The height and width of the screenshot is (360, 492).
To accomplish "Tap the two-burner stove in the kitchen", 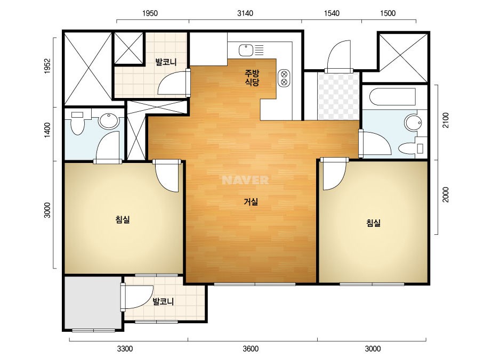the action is tap(284, 78).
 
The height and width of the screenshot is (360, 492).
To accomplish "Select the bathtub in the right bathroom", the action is tap(392, 97).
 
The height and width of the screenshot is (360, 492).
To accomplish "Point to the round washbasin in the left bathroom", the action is tap(109, 121).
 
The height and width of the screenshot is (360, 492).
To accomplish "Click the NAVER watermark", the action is tap(245, 180).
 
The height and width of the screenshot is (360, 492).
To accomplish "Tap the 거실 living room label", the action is tap(251, 202).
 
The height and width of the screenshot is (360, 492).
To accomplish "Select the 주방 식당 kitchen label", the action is tap(252, 78).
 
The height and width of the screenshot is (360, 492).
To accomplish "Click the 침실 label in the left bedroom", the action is tap(123, 219).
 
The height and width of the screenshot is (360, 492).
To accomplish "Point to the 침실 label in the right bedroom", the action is tap(373, 223).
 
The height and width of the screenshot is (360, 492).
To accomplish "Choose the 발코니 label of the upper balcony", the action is tap(166, 62).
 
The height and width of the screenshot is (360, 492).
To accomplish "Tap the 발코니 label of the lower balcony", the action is tap(163, 301).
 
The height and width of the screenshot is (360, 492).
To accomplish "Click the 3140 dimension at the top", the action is tap(245, 13).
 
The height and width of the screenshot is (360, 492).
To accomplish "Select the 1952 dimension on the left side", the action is tap(47, 66).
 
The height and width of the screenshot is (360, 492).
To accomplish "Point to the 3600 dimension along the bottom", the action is tap(251, 348).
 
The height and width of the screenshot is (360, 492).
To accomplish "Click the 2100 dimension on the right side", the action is tap(446, 120).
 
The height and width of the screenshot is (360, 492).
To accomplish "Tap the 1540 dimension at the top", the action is tap(332, 13).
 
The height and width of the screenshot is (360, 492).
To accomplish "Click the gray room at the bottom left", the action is tap(92, 302).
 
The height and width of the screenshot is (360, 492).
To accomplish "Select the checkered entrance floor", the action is tap(338, 96).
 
